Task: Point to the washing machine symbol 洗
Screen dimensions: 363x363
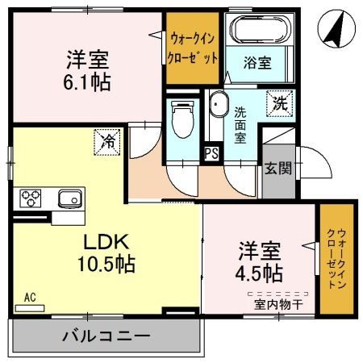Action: point(277,102)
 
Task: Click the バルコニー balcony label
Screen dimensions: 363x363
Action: point(106,335)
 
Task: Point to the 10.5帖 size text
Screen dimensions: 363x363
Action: point(106,264)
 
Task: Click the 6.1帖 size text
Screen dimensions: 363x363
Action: point(88,81)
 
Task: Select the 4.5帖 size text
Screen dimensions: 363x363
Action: point(259,270)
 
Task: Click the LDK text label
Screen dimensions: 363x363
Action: point(103,240)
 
